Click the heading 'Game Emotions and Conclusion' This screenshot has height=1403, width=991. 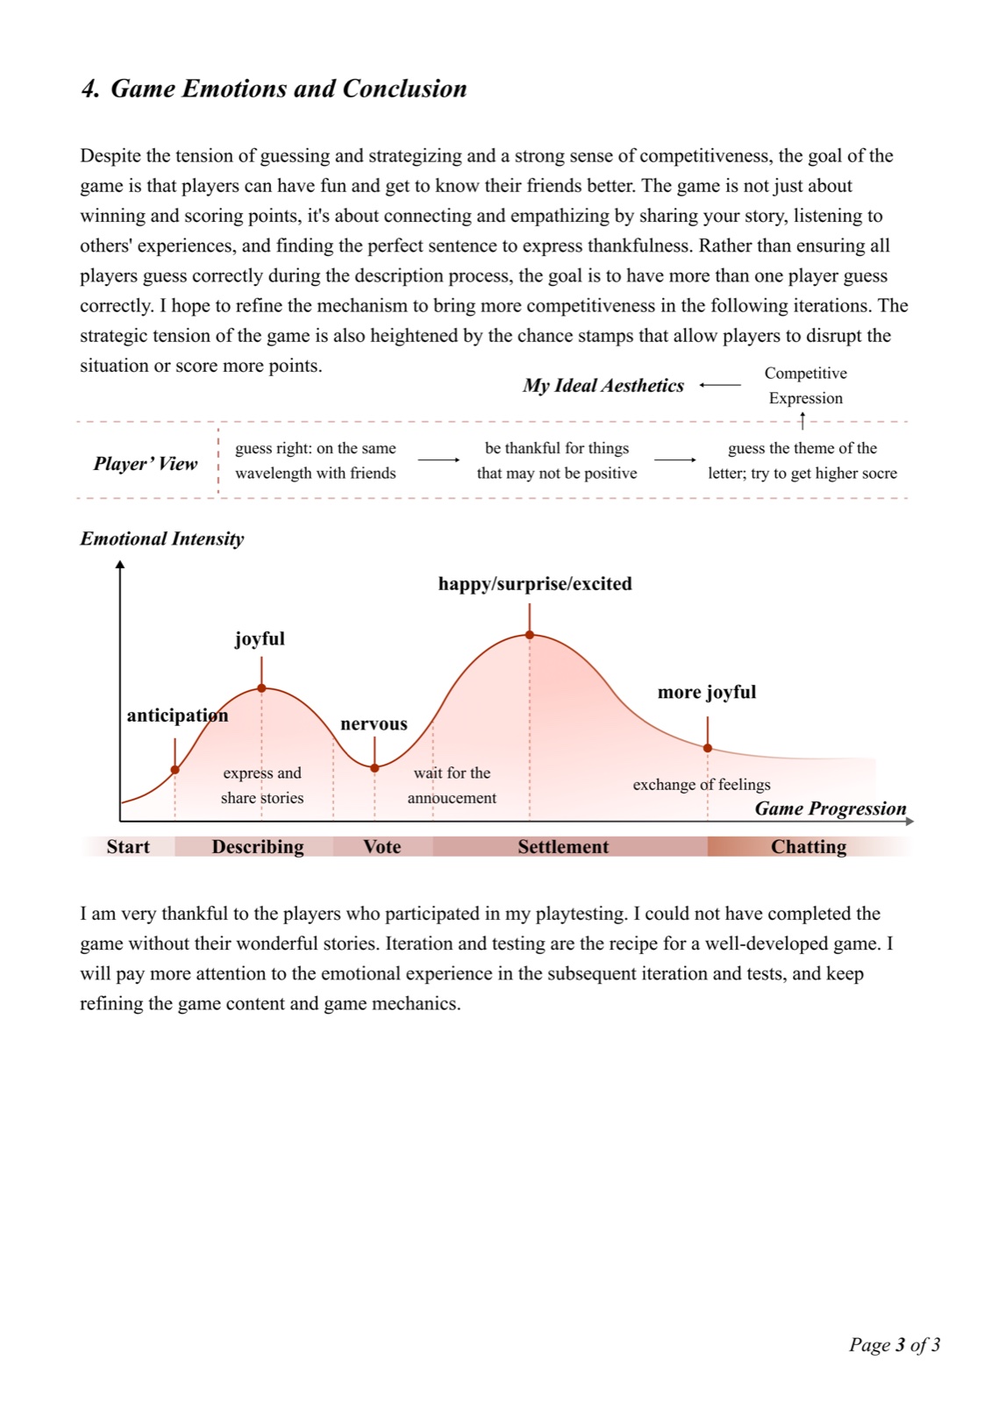click(x=289, y=89)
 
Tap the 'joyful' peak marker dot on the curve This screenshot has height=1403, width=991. click(x=262, y=688)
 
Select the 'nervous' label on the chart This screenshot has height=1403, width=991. click(x=374, y=724)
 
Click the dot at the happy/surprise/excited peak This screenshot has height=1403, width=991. click(x=530, y=635)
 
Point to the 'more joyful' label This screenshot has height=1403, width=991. click(x=707, y=692)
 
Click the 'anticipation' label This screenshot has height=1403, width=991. click(x=177, y=716)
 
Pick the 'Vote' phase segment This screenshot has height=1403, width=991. click(x=382, y=846)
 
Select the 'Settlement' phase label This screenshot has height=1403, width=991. click(x=563, y=847)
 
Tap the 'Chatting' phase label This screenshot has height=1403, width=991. click(x=808, y=847)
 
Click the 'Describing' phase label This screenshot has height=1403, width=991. click(x=258, y=847)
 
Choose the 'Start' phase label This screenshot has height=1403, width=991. click(x=128, y=847)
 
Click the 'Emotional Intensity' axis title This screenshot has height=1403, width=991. click(x=161, y=538)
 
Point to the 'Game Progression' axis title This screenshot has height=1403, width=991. click(x=831, y=808)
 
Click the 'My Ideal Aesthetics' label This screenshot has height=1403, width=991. click(x=603, y=386)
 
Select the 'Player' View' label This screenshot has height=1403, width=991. click(x=146, y=464)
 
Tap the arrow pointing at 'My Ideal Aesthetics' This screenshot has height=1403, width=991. click(x=720, y=385)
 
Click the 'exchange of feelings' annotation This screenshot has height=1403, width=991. click(x=702, y=785)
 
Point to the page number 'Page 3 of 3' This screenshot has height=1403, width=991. click(x=895, y=1345)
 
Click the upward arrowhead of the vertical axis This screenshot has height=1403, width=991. click(x=120, y=565)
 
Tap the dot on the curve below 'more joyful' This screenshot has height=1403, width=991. click(x=707, y=748)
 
